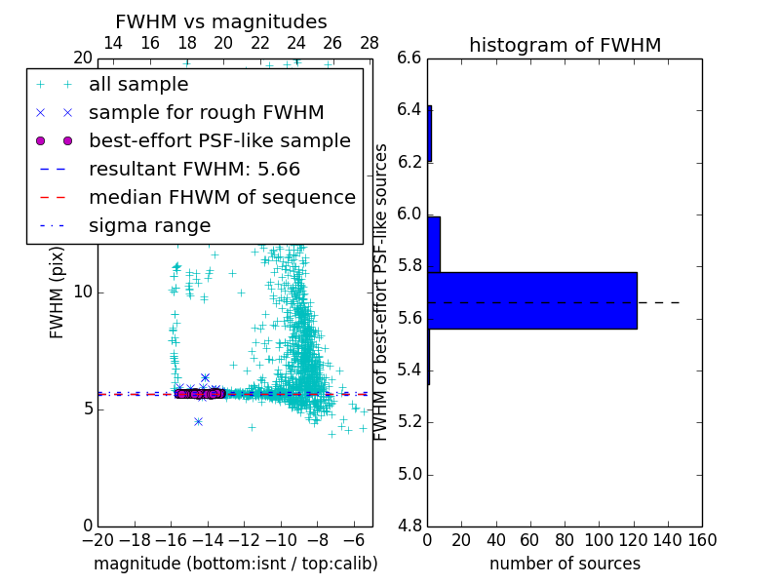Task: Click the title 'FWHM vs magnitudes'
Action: [x=221, y=21]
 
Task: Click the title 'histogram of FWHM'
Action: [x=565, y=45]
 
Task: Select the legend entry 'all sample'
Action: [x=138, y=85]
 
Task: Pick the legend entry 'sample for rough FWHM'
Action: [x=206, y=113]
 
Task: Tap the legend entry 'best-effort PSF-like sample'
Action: [x=219, y=141]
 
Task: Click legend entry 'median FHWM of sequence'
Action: [x=221, y=198]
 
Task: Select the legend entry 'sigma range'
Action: [x=149, y=226]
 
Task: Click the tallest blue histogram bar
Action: [x=531, y=300]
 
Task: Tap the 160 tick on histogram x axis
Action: [x=701, y=539]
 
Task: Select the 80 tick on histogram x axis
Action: [x=565, y=539]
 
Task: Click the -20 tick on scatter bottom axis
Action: [x=97, y=539]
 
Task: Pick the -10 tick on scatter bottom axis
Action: [x=281, y=539]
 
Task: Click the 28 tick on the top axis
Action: [x=370, y=43]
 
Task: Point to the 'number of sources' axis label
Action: [x=565, y=564]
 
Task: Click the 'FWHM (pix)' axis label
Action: [x=58, y=292]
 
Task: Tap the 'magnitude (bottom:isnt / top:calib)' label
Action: [x=235, y=564]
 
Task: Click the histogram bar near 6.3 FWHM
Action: [x=429, y=134]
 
